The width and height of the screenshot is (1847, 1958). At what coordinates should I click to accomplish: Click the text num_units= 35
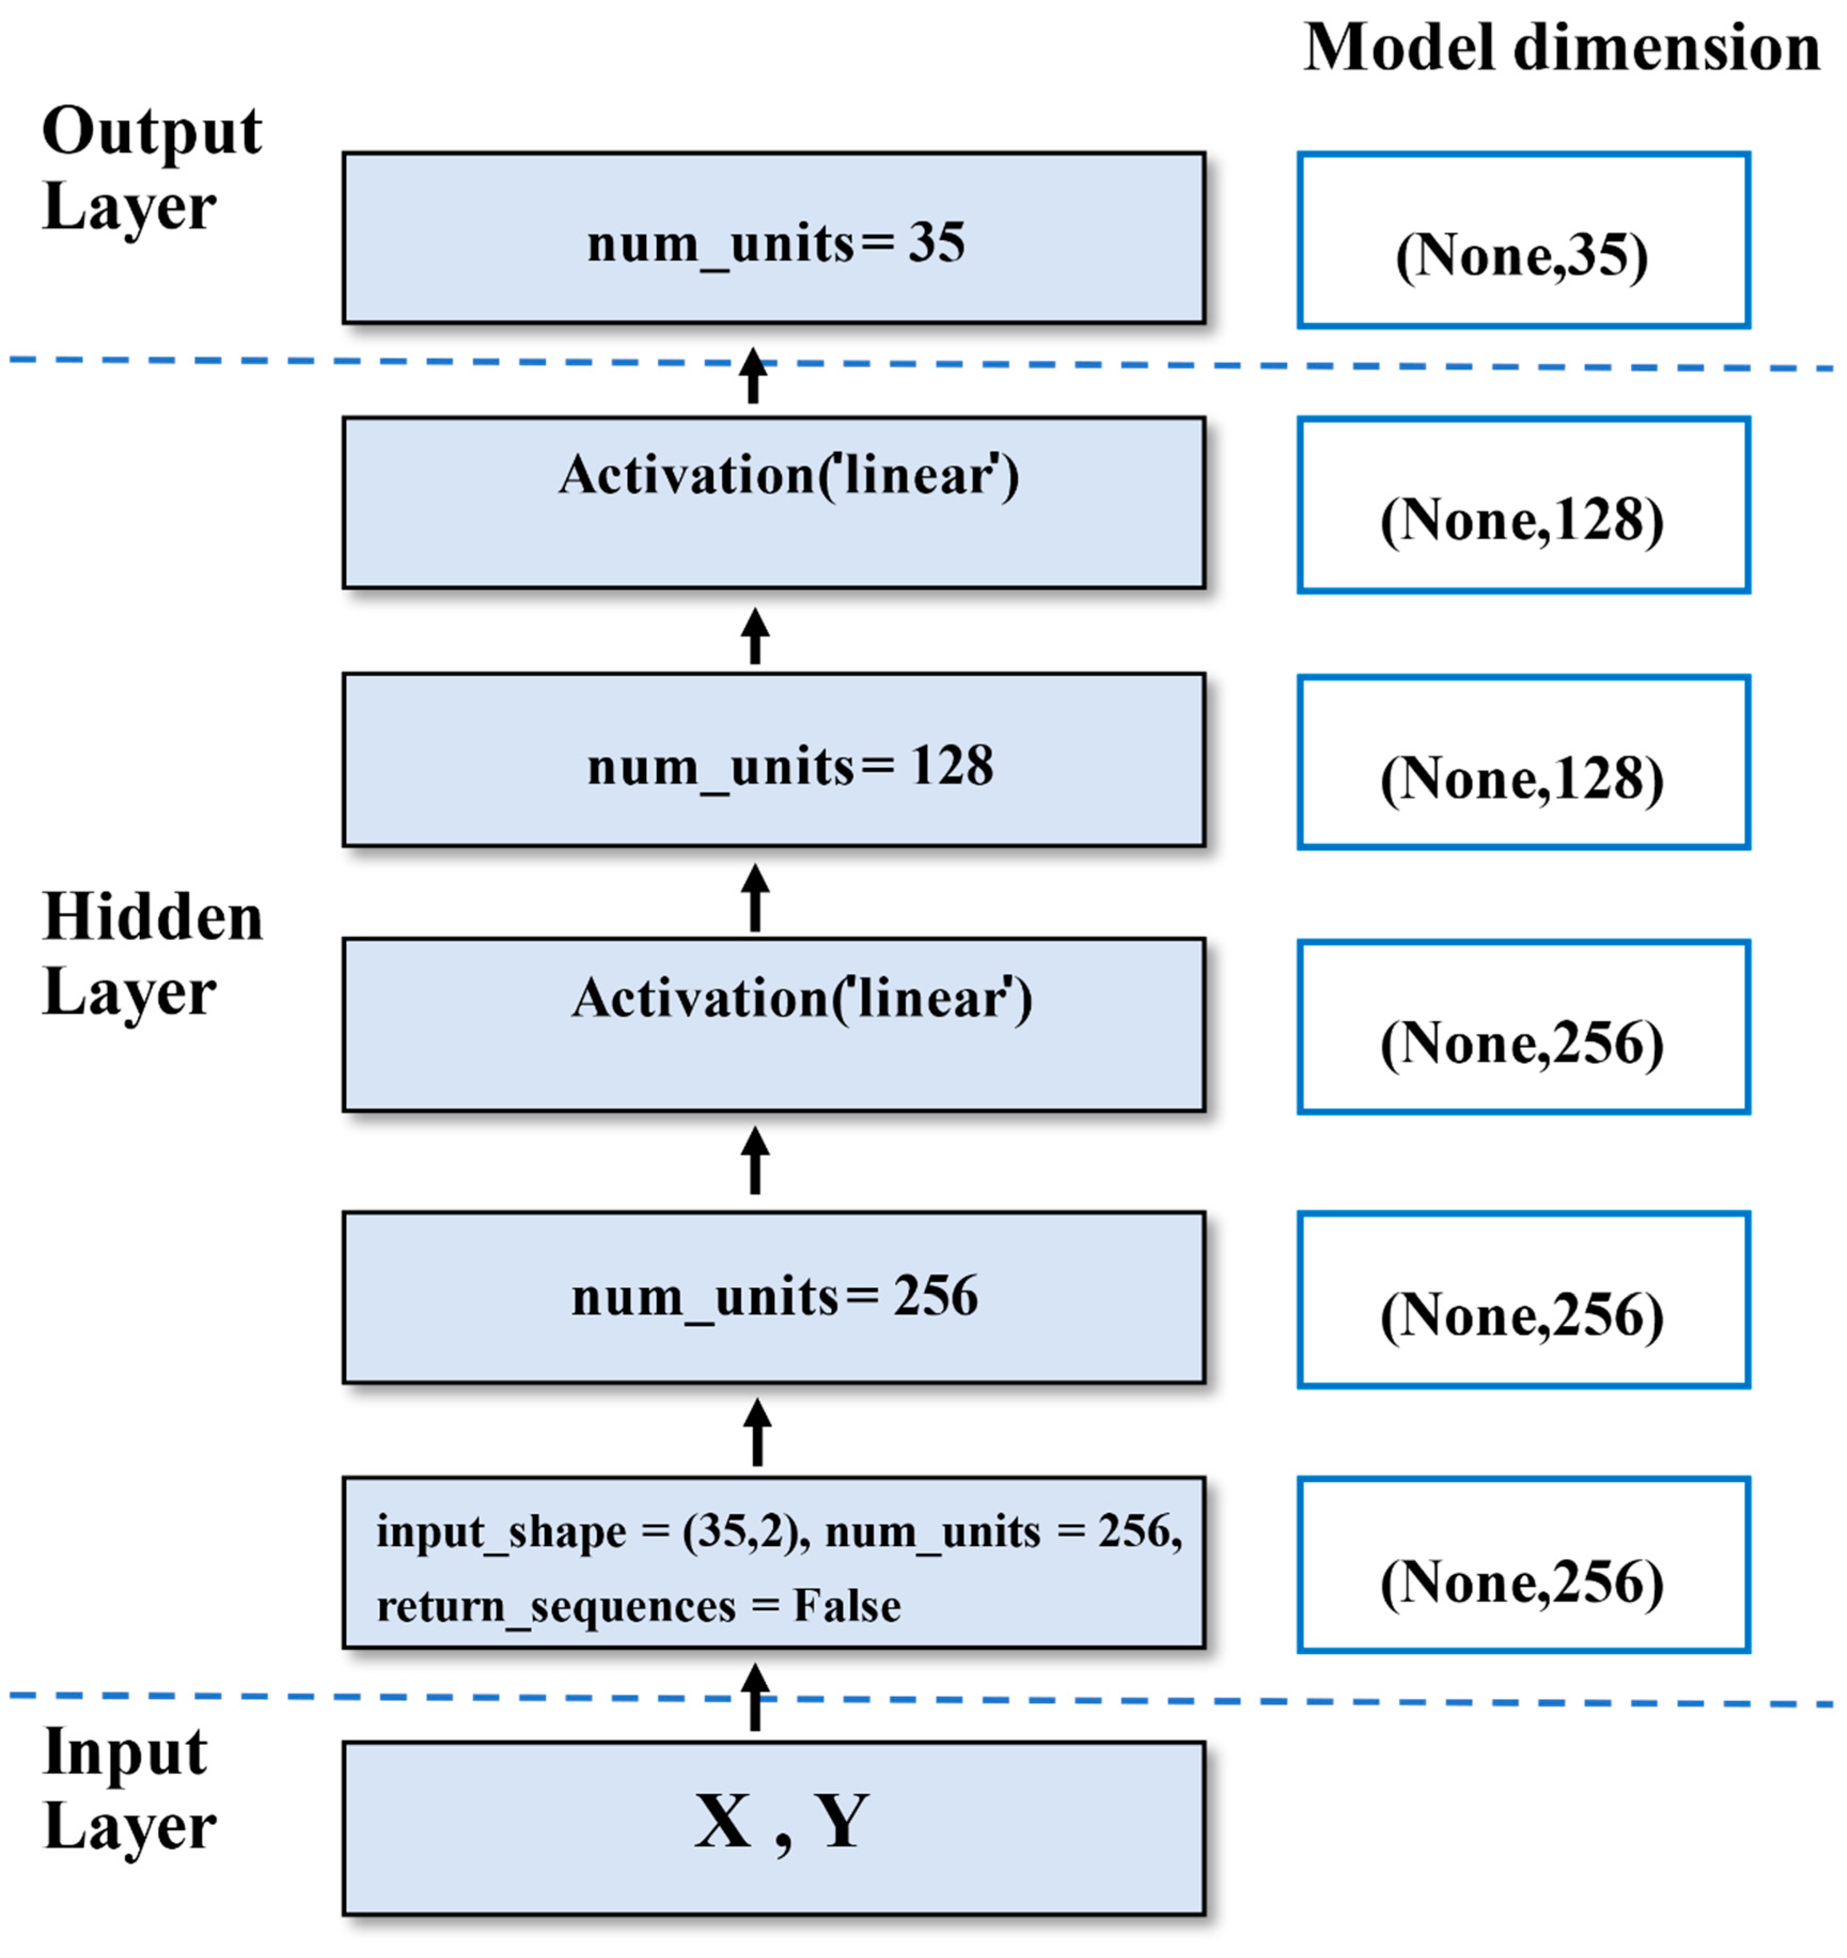776,243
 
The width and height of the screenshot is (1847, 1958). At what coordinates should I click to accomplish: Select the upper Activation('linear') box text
789,476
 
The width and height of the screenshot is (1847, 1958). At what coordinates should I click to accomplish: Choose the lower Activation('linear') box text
803,999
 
